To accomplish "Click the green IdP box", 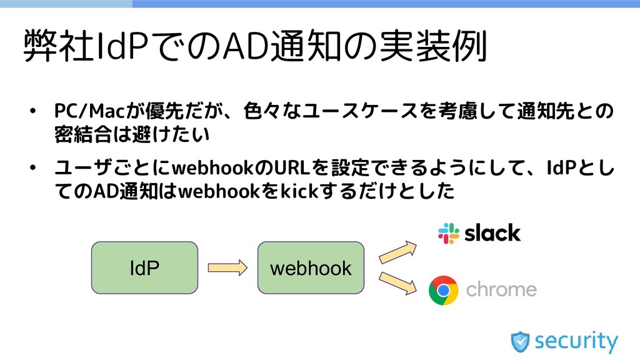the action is [144, 268].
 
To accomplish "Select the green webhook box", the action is [311, 268].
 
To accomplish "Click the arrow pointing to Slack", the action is [398, 251].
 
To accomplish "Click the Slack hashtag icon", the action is [448, 233].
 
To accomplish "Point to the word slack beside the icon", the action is [492, 233].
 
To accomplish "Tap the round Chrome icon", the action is [443, 291].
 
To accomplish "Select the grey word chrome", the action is [501, 290].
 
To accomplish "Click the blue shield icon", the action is [520, 342].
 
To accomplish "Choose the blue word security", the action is [576, 342].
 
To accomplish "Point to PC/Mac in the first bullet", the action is [90, 111].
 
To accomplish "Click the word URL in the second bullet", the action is [293, 168].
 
